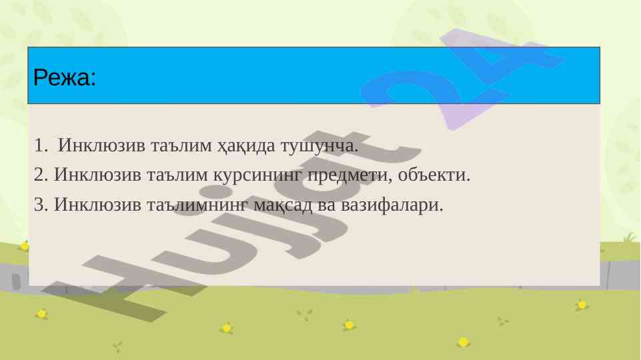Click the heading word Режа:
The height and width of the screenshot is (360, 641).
click(65, 77)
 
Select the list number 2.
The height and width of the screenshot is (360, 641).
click(41, 175)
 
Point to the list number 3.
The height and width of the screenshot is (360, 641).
click(41, 205)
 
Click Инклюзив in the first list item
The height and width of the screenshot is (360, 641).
click(101, 145)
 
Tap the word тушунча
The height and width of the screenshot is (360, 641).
click(319, 146)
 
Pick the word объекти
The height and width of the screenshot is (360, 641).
click(434, 175)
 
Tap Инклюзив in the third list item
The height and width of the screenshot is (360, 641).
click(97, 205)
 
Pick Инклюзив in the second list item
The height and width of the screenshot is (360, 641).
click(97, 175)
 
